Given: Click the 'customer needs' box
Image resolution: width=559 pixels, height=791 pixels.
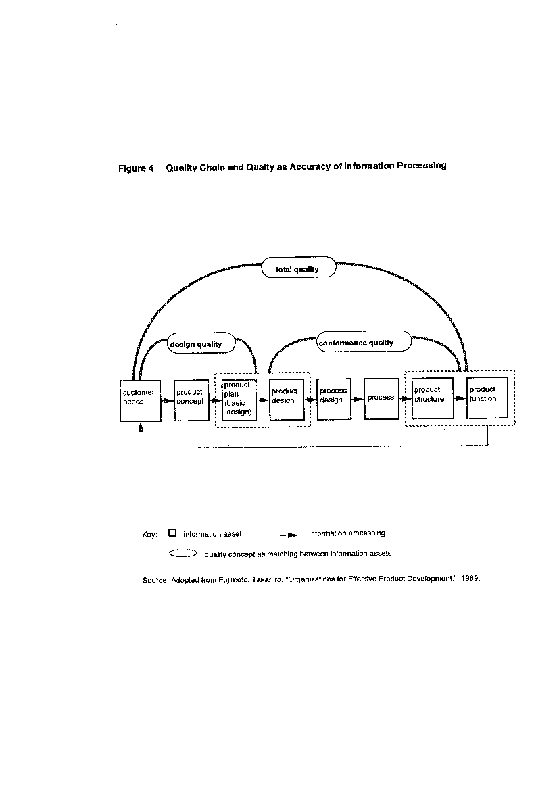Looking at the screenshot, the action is (140, 400).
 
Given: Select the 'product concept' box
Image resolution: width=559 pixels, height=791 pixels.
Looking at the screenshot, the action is (191, 400).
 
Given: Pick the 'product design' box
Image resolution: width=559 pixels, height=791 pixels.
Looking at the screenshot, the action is (287, 400).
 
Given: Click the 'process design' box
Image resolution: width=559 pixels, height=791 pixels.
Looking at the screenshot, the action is (334, 399).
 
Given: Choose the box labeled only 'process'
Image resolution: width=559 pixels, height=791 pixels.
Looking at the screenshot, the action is (381, 398).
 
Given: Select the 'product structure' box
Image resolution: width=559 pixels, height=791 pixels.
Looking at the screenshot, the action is (433, 398).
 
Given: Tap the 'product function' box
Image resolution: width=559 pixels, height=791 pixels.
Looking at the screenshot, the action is (487, 398).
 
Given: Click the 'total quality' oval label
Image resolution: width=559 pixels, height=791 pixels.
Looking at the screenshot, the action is (298, 267).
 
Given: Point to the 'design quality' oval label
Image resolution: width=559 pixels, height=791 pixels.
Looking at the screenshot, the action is (201, 343).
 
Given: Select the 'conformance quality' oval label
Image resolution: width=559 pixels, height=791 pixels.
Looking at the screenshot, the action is (364, 341).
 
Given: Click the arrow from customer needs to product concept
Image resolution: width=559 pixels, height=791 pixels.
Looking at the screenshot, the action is (168, 401).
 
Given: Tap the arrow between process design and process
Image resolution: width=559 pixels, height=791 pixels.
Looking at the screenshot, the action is (358, 399).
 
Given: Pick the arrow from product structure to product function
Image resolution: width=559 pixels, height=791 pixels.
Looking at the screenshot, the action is (460, 398).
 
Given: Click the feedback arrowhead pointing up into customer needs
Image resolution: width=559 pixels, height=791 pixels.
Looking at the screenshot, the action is (141, 427).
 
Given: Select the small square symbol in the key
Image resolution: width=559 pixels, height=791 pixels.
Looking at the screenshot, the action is (172, 533).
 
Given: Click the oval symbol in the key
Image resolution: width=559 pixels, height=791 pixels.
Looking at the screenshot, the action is (183, 554).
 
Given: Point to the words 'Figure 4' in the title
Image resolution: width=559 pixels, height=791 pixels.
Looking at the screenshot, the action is (136, 168).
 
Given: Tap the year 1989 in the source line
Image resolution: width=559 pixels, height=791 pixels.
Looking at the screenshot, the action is (470, 578).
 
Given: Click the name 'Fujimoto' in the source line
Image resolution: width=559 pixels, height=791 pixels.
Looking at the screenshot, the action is (234, 579).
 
